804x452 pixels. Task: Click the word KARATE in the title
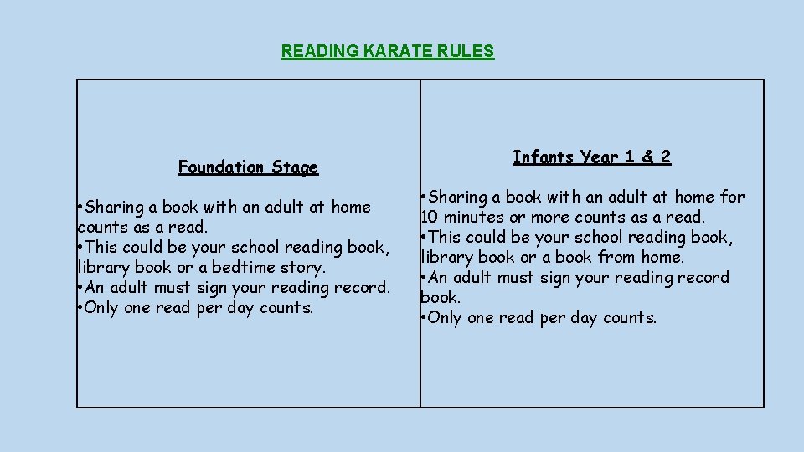pyautogui.click(x=399, y=51)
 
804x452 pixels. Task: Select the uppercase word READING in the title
pyautogui.click(x=319, y=51)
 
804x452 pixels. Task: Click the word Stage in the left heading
pyautogui.click(x=295, y=167)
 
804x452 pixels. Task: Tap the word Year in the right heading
pyautogui.click(x=600, y=157)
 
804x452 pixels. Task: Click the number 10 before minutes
pyautogui.click(x=429, y=217)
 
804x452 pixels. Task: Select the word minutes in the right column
pyautogui.click(x=471, y=217)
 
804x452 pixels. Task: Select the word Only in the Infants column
pyautogui.click(x=445, y=318)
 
